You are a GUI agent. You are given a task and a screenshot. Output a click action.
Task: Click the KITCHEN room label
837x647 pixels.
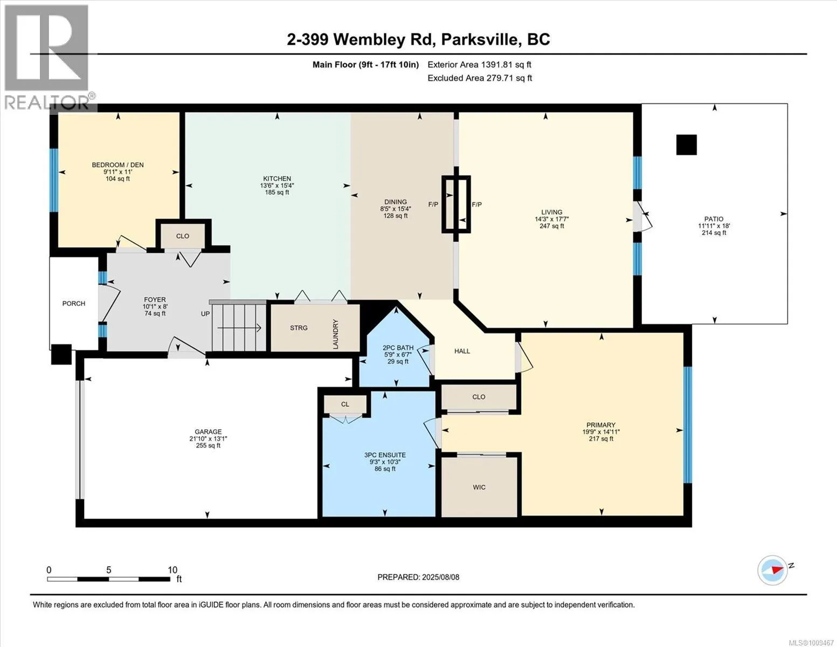click(x=277, y=178)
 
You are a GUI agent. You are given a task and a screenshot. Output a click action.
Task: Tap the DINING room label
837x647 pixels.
click(x=396, y=202)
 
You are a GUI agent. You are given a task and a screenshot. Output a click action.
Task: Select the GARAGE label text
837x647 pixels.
click(x=208, y=431)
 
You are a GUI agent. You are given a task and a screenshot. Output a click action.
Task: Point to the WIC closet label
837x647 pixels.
click(x=479, y=487)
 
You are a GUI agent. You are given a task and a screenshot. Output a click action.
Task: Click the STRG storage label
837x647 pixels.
click(x=299, y=328)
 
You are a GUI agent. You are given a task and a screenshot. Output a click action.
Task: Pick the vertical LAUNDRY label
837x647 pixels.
click(x=335, y=334)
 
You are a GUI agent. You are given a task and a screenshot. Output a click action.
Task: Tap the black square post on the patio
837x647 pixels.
click(x=687, y=145)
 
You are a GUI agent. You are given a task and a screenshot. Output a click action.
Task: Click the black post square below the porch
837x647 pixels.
click(x=61, y=354)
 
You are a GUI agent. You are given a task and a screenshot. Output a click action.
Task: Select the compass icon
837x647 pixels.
click(x=772, y=570)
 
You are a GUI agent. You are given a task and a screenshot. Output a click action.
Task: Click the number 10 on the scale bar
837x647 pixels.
click(x=172, y=569)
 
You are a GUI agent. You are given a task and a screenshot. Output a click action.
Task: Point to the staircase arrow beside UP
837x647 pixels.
click(x=239, y=328)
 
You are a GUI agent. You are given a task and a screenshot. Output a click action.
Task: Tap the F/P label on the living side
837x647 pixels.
click(x=477, y=204)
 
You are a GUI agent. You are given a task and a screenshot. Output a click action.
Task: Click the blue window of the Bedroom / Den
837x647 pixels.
click(x=54, y=180)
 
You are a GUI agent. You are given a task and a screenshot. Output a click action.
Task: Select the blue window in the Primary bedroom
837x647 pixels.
click(x=688, y=425)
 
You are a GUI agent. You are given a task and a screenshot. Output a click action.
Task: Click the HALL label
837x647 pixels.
click(x=462, y=351)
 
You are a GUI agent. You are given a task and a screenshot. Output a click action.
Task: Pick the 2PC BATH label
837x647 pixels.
click(x=398, y=347)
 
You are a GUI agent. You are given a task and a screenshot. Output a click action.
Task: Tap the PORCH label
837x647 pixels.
click(x=74, y=303)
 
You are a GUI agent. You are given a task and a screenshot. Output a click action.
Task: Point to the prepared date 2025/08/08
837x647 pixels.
click(x=440, y=577)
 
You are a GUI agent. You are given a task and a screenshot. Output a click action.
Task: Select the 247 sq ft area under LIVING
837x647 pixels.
click(x=551, y=226)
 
